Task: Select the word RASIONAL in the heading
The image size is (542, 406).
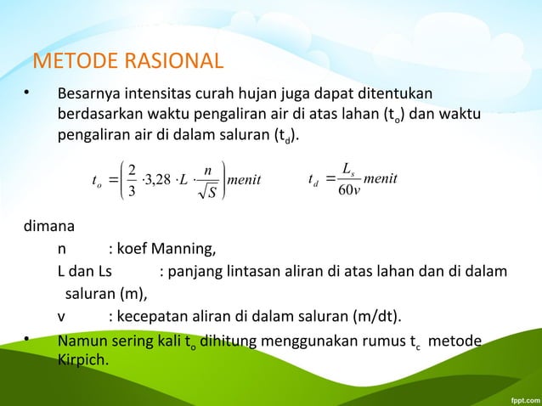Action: (x=171, y=61)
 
